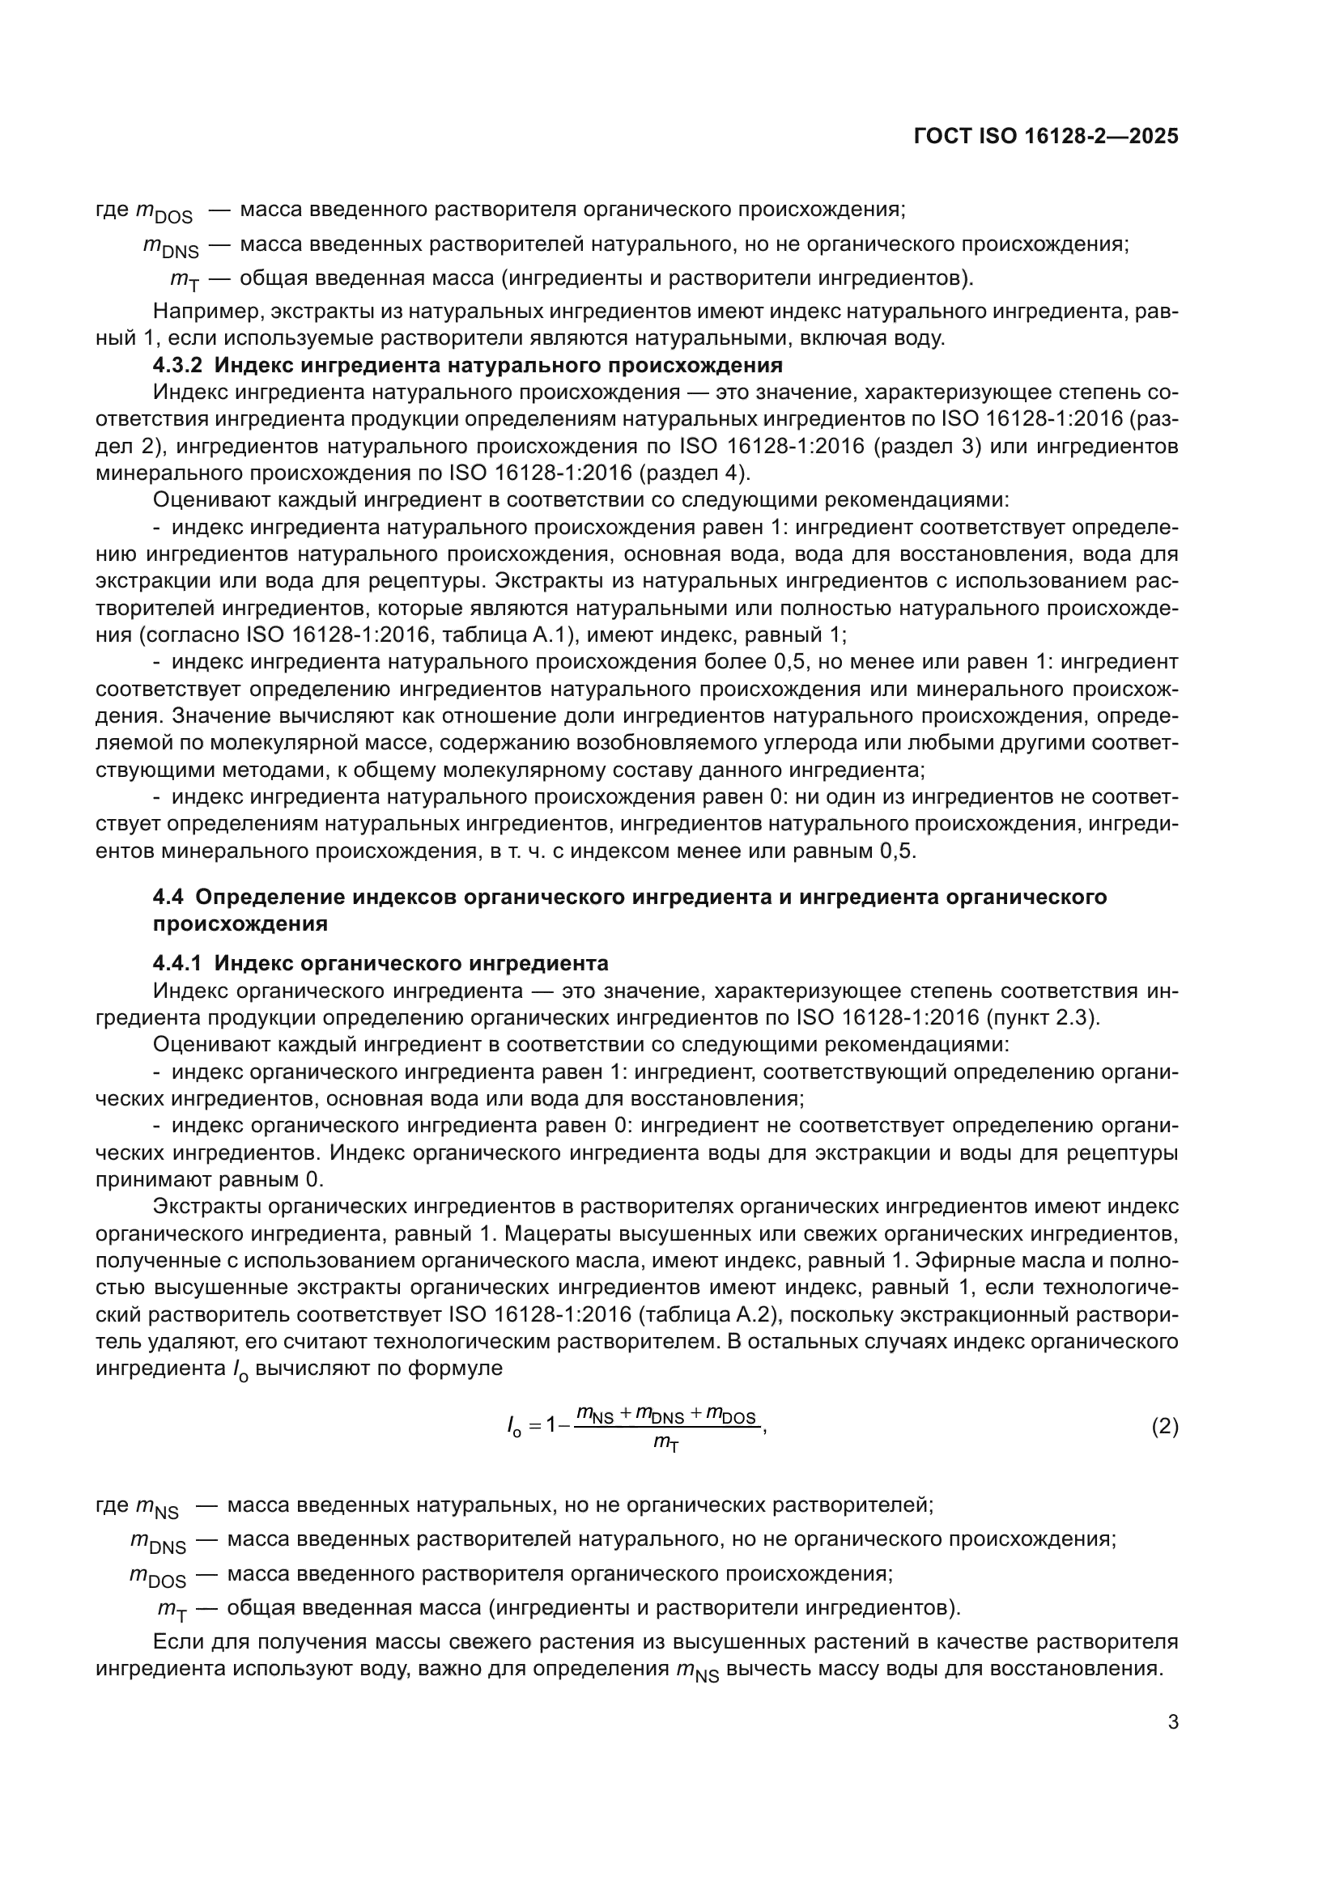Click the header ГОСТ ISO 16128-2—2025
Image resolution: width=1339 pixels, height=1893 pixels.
[1045, 136]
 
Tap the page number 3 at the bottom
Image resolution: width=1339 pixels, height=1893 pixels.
[1172, 1721]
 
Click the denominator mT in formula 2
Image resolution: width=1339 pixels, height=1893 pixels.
[665, 1443]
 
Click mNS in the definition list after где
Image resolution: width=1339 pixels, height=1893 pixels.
[155, 1506]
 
